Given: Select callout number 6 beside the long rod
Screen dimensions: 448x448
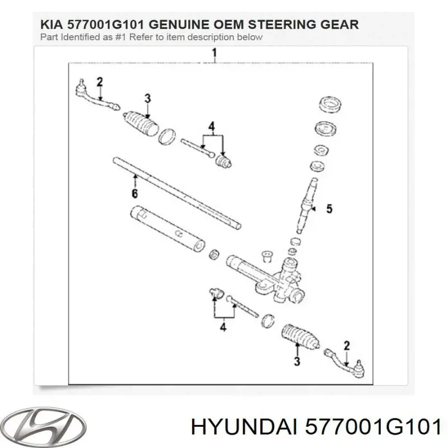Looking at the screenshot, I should [x=134, y=194].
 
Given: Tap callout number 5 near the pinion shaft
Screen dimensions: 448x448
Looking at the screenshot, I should [x=329, y=209].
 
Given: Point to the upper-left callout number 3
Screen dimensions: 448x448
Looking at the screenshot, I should [x=147, y=99].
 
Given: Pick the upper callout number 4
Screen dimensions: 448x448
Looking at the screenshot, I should [x=212, y=125].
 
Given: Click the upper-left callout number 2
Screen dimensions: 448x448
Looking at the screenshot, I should [x=100, y=82].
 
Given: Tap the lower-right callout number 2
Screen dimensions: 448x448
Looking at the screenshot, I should [x=347, y=346].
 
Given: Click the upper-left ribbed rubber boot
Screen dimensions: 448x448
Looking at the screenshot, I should [x=141, y=122].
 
